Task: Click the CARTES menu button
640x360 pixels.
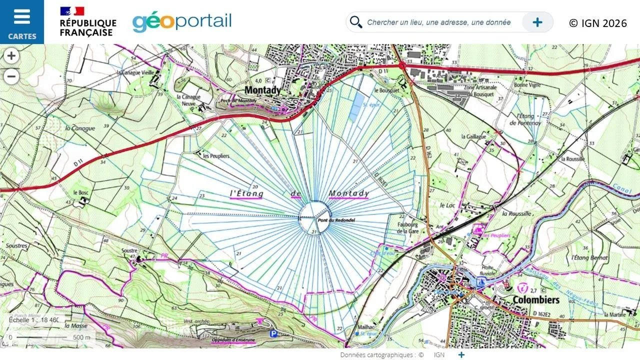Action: pos(22,22)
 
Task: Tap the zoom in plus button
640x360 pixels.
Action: pos(11,55)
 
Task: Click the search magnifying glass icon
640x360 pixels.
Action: pos(355,22)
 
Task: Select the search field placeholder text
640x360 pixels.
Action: pos(438,22)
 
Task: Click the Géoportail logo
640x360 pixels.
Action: pos(182,22)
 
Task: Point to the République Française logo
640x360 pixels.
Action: pos(88,22)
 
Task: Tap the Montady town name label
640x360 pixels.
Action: pos(262,90)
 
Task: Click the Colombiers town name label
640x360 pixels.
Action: pos(535,300)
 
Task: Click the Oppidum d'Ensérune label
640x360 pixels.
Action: pos(233,340)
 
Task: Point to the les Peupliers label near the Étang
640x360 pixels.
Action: pos(216,156)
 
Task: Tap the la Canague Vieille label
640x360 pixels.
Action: pos(135,72)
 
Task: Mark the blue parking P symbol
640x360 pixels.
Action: pos(273,333)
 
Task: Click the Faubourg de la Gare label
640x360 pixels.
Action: pos(407,228)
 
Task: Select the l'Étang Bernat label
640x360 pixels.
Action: pos(589,258)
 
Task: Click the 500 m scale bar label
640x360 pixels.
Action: pos(81,337)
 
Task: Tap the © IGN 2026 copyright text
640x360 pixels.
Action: pos(597,23)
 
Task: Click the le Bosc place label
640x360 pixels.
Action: pos(80,192)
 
